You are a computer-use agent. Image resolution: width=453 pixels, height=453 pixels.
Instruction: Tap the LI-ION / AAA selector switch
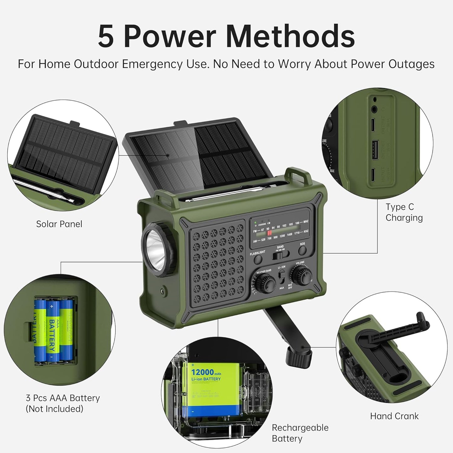point(282,277)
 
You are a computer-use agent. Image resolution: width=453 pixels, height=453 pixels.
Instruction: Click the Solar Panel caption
point(59,224)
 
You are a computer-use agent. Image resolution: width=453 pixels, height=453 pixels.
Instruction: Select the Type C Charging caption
point(404,212)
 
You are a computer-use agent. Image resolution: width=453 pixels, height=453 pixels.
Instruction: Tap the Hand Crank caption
point(394,416)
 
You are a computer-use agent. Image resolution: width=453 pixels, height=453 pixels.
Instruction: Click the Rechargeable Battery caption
point(300,433)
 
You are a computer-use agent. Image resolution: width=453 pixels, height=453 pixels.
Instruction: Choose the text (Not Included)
point(54,409)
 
